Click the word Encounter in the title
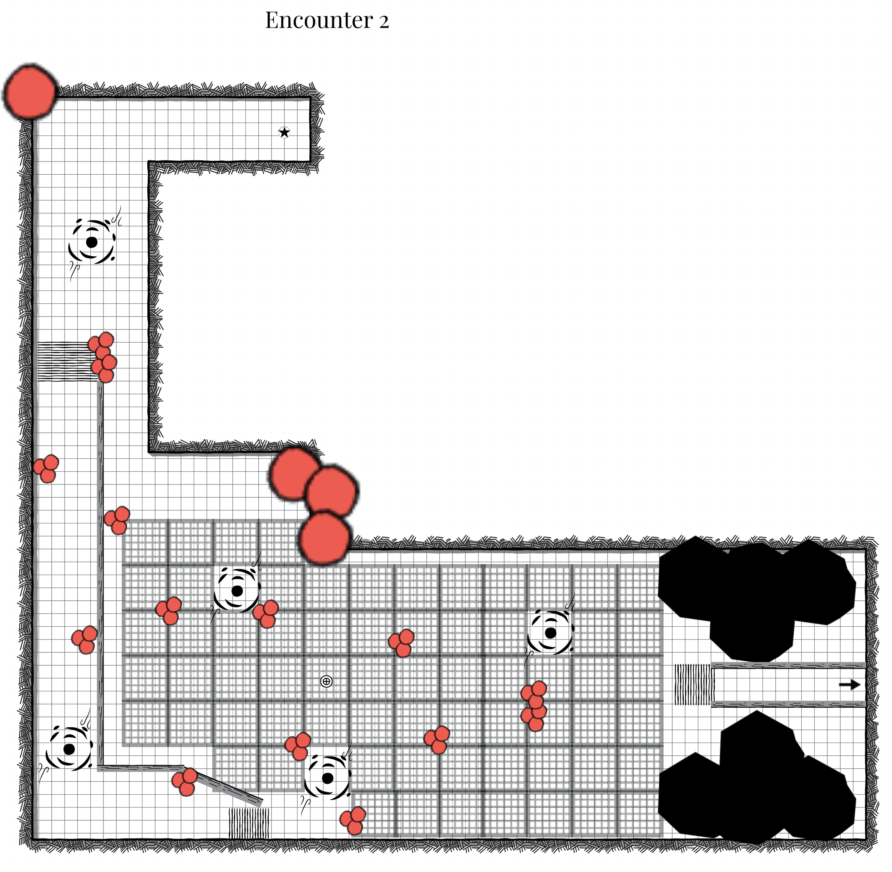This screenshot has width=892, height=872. click(x=319, y=21)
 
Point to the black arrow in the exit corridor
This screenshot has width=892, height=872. click(x=849, y=685)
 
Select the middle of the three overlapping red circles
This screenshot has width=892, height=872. click(x=331, y=492)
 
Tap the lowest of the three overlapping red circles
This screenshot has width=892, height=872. click(x=325, y=537)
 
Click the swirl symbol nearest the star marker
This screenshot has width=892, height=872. click(x=92, y=242)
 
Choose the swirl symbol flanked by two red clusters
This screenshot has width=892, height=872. click(x=237, y=591)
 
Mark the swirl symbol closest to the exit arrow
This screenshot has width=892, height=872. click(x=551, y=633)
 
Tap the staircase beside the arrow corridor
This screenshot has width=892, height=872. click(x=694, y=685)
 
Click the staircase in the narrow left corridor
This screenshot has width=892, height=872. click(x=66, y=362)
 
